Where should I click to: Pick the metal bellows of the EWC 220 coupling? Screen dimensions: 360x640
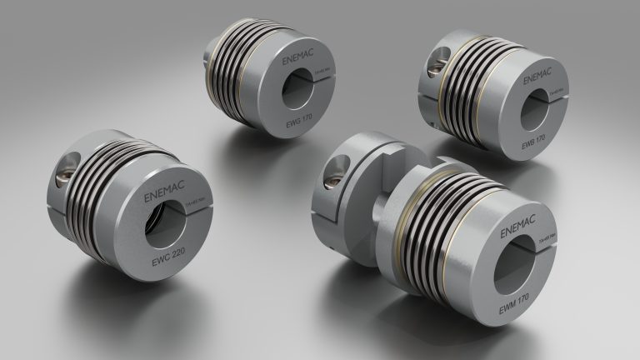[101, 199]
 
